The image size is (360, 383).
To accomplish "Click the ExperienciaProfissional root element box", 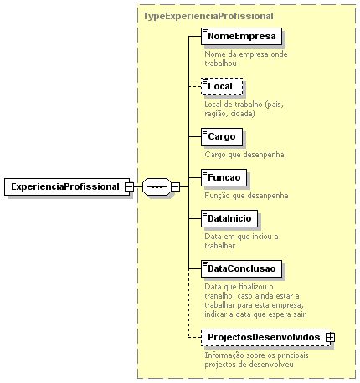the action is coord(67,186).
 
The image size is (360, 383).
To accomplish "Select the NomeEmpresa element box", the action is coord(241,36).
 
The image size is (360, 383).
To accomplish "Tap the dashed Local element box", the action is coord(222,86).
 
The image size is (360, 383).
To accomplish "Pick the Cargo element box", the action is coord(222,136).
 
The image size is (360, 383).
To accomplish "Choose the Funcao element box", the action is coord(224,177).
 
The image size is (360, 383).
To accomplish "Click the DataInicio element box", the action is coord(229,218).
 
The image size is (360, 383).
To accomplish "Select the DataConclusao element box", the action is coord(241,268).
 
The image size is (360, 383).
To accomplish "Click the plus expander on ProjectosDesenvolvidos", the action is coord(330,338).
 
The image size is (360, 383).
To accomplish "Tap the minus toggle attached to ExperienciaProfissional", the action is coord(129,186).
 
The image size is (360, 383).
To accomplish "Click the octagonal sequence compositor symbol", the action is coord(157,186).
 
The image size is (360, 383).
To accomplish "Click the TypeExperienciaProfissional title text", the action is coord(208,16).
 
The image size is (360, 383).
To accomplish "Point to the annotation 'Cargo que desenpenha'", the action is coord(244,155).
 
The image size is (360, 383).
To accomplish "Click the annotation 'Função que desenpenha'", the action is coord(246,196).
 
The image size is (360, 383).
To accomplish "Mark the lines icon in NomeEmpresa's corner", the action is coord(205,31).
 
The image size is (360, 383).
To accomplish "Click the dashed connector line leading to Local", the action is coord(195,87).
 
